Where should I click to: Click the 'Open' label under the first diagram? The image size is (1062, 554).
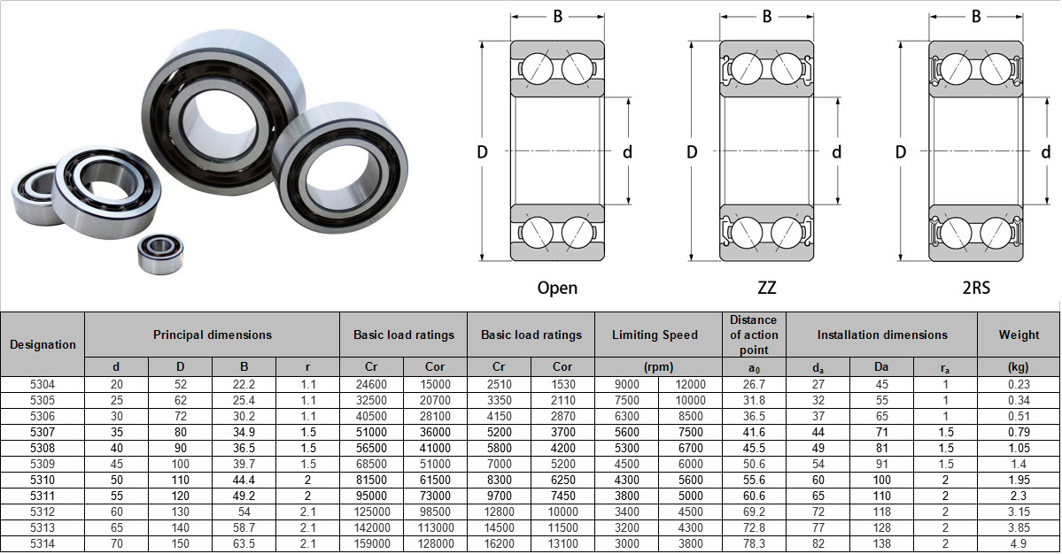557,288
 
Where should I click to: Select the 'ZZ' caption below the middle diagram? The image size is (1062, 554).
766,288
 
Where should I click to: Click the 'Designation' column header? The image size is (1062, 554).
43,344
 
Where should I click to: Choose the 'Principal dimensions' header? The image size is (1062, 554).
212,335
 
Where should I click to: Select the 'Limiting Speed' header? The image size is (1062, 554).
658,335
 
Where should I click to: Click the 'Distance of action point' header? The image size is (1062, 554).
754,335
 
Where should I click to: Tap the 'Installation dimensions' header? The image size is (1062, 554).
881,335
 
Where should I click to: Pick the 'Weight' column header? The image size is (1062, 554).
1019,335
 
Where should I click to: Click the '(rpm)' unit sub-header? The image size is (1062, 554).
658,366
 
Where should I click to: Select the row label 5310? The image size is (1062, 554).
43,480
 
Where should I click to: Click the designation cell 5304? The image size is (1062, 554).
43,384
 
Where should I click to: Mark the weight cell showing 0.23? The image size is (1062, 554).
1019,384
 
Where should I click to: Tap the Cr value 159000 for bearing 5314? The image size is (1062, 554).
371,543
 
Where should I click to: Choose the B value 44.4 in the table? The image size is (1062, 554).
244,480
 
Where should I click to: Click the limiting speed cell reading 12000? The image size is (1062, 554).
690,384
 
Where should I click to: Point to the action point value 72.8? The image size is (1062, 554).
754,527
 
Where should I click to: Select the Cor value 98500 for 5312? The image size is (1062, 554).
435,512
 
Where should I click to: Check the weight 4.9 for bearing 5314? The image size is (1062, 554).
1019,543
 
